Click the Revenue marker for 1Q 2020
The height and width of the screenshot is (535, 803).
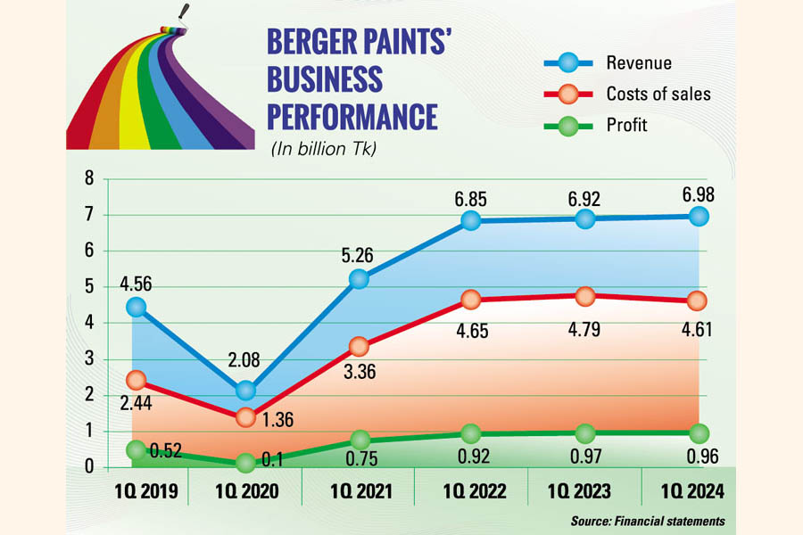[x=245, y=390]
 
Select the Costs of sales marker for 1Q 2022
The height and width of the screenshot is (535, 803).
[x=471, y=299]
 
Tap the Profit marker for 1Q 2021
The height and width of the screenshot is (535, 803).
[x=359, y=439]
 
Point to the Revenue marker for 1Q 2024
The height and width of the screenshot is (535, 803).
[x=699, y=216]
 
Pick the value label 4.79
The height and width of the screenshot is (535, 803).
[x=585, y=330]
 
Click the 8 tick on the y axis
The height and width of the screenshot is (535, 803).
[x=89, y=178]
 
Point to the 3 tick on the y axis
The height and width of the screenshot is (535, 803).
[x=89, y=359]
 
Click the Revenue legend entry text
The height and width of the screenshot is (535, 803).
[x=639, y=62]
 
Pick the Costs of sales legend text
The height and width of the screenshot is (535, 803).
[x=658, y=94]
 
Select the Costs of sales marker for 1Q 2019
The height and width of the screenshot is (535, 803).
[x=136, y=381]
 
